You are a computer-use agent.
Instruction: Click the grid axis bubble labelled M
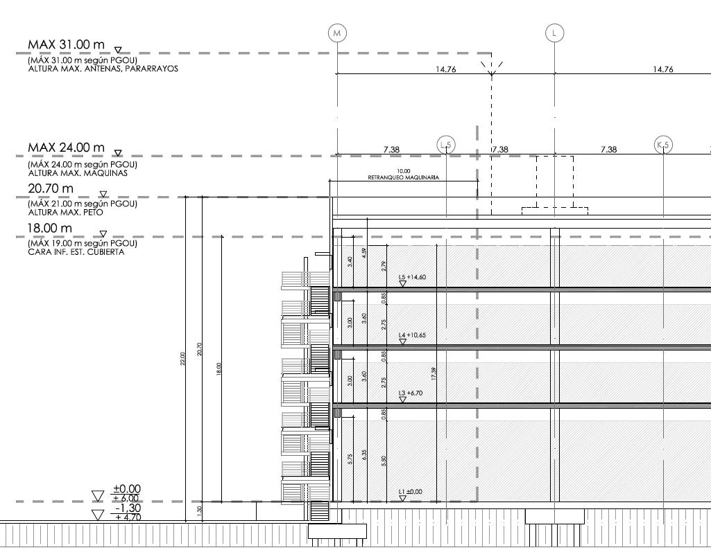(337, 33)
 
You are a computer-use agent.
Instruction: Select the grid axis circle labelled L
(554, 33)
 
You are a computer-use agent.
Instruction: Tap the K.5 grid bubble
(663, 145)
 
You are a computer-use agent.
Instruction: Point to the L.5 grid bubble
(446, 145)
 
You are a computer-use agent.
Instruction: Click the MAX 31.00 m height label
(66, 44)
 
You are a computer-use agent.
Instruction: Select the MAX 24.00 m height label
(66, 148)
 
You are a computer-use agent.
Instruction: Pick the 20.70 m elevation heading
(50, 188)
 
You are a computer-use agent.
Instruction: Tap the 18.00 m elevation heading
(50, 228)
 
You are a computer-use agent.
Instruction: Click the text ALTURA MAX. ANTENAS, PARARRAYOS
(103, 69)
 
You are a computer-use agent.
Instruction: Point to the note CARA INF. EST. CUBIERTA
(76, 252)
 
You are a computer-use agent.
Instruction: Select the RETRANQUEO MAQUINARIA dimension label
(403, 177)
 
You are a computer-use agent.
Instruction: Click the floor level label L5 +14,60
(412, 277)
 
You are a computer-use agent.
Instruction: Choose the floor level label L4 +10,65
(412, 335)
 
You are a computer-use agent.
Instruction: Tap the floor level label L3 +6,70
(411, 393)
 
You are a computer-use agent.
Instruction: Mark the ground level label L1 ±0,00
(410, 492)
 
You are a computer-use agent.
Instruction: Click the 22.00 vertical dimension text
(183, 358)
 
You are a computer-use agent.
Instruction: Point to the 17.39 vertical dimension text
(434, 373)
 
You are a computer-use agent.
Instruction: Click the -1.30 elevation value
(127, 508)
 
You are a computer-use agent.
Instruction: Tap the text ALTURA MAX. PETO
(65, 212)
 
